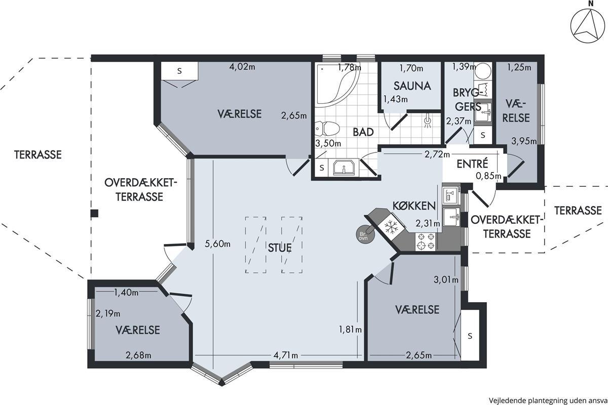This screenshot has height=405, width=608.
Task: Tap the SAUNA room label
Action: [412, 86]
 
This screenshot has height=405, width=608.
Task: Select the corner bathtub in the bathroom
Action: [336, 84]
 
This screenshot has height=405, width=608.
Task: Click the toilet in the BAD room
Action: [327, 129]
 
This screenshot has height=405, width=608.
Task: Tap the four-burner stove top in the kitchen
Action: [426, 241]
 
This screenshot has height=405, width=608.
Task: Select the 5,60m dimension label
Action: [217, 244]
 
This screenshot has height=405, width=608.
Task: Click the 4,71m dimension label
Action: [286, 355]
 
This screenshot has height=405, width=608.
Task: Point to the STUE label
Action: [280, 248]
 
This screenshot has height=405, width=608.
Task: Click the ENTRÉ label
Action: [472, 164]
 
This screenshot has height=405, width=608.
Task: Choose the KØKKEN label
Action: [414, 206]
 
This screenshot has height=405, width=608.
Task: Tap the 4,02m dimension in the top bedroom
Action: [242, 66]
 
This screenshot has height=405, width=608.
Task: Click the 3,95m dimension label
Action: [524, 141]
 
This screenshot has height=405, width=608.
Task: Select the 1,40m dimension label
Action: [126, 293]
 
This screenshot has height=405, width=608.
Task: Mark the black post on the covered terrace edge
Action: [94, 214]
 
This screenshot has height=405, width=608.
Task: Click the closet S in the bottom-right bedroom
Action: [470, 336]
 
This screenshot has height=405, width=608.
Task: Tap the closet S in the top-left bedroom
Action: [179, 71]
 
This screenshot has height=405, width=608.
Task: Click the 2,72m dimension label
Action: [437, 154]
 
